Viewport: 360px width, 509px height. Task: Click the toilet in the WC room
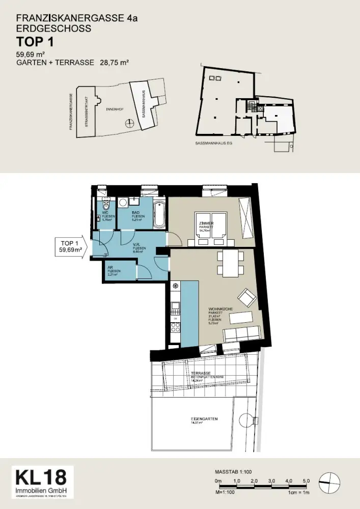(x=106, y=206)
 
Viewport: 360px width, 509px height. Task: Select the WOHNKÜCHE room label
(x=217, y=309)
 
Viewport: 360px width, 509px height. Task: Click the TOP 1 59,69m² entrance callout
(x=69, y=246)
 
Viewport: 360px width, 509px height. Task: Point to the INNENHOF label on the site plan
(x=113, y=109)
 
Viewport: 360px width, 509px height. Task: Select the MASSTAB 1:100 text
(x=233, y=472)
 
